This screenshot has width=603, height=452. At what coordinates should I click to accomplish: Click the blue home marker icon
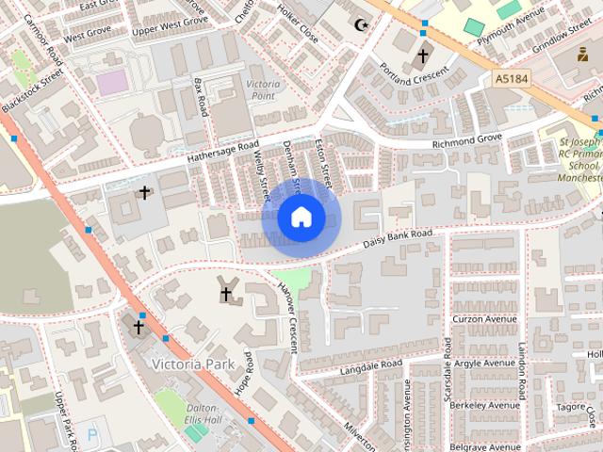[301, 218]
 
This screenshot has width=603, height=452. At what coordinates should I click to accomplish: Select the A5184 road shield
[511, 82]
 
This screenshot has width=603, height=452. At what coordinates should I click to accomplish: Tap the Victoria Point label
[263, 90]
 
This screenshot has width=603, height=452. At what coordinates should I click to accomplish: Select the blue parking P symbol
[91, 434]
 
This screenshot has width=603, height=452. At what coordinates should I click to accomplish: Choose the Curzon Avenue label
[484, 318]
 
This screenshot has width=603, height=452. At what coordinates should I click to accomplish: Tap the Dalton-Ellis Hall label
[204, 412]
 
